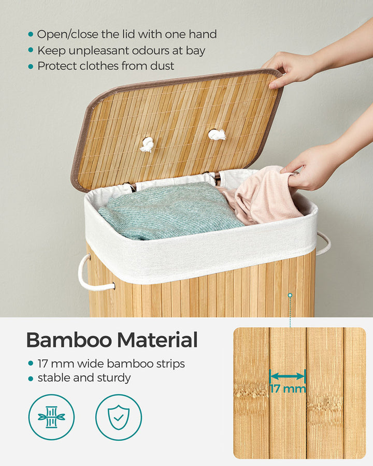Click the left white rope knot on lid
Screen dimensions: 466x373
[x=147, y=144]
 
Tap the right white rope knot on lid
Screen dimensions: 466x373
[x=217, y=135]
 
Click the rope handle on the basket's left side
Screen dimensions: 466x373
[x=90, y=274]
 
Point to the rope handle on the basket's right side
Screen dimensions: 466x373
[x=323, y=243]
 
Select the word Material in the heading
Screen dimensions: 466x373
[x=157, y=340]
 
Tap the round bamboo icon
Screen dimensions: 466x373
[x=51, y=417]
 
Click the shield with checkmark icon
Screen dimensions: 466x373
[x=119, y=417]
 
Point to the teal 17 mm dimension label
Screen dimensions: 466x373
[x=288, y=388]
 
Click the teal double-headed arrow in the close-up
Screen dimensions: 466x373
[x=288, y=376]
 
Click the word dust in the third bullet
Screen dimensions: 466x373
[x=163, y=66]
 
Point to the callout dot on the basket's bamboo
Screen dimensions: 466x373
[x=290, y=295]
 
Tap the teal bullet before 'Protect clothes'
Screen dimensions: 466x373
[x=31, y=66]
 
